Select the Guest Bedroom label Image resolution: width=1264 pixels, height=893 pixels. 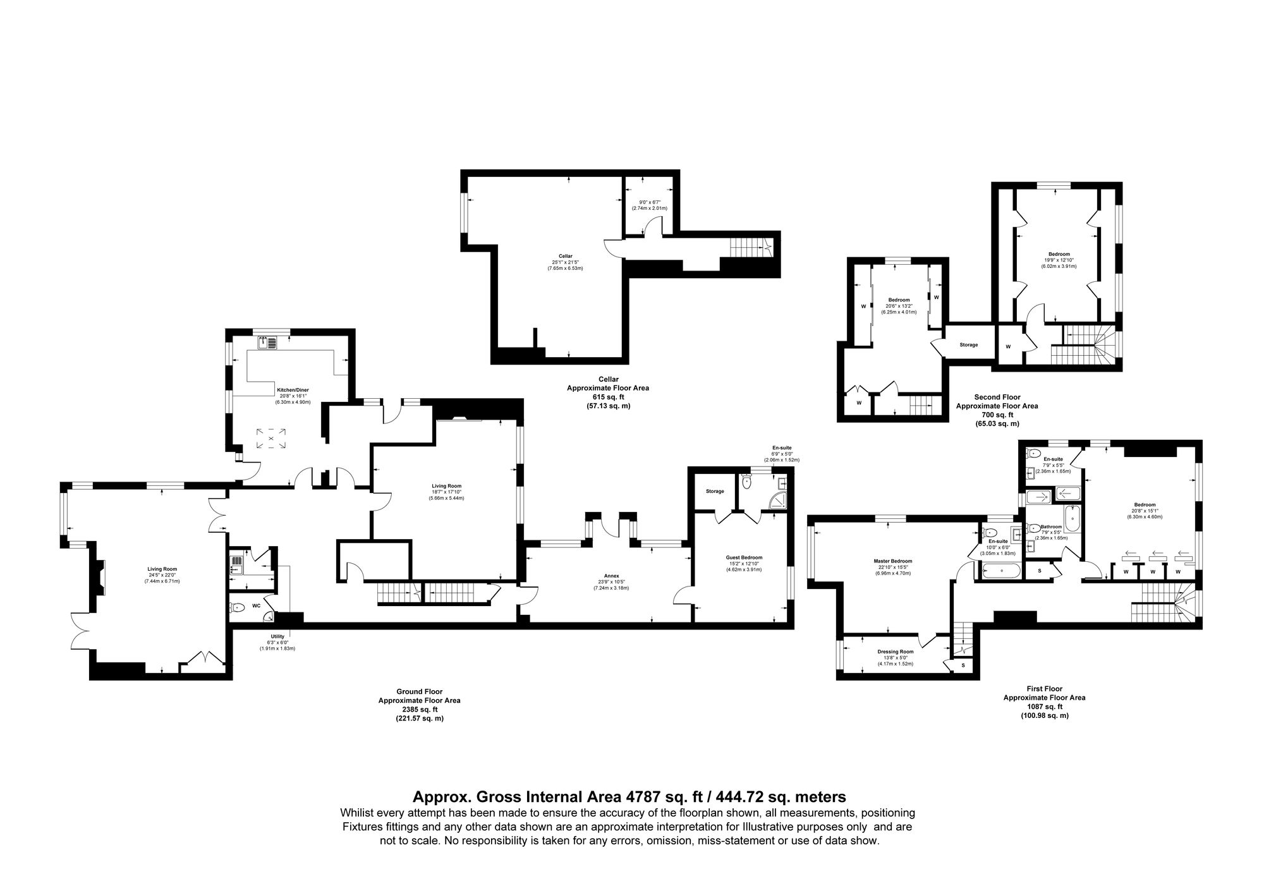click(744, 557)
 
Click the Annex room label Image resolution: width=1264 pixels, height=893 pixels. click(611, 576)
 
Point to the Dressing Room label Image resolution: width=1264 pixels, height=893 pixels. click(895, 652)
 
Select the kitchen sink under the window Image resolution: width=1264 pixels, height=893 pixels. click(267, 343)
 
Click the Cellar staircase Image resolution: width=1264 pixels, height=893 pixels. click(750, 246)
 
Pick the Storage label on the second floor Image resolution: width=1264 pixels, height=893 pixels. click(968, 345)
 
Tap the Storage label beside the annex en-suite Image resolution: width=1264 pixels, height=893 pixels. click(715, 491)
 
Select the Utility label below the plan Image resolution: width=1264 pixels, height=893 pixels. click(277, 636)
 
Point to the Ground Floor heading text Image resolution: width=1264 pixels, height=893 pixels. click(419, 692)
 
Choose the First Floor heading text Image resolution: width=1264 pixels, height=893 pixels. click(1044, 689)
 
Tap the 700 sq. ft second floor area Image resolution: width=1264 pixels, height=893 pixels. click(997, 415)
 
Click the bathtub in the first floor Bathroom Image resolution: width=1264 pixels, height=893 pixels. click(1073, 518)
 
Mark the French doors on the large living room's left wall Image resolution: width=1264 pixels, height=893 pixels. click(81, 629)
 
